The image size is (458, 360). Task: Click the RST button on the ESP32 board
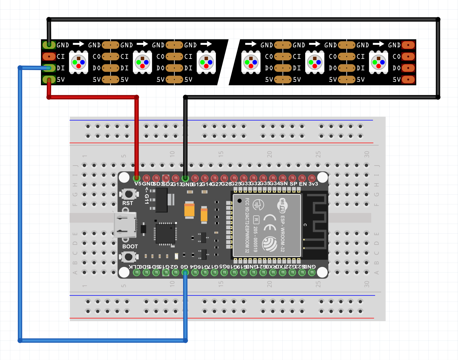[129, 194]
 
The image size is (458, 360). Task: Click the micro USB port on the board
[125, 225]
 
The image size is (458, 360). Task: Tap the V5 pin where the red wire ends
[137, 178]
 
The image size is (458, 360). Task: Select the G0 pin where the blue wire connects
[185, 273]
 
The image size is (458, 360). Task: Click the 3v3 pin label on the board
[313, 184]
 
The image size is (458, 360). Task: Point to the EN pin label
[303, 184]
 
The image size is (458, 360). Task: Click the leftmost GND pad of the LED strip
[49, 45]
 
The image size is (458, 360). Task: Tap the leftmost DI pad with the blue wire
[49, 68]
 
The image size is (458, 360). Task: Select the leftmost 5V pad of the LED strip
[49, 80]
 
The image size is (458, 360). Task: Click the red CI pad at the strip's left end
[49, 56]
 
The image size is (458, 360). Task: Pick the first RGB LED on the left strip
[79, 62]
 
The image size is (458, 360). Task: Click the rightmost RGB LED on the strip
[378, 62]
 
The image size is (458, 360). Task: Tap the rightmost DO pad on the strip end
[408, 68]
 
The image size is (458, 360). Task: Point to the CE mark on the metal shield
[270, 223]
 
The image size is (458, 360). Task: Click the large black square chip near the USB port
[165, 234]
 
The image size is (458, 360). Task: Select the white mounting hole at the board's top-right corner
[323, 177]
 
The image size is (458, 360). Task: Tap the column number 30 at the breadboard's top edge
[366, 154]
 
